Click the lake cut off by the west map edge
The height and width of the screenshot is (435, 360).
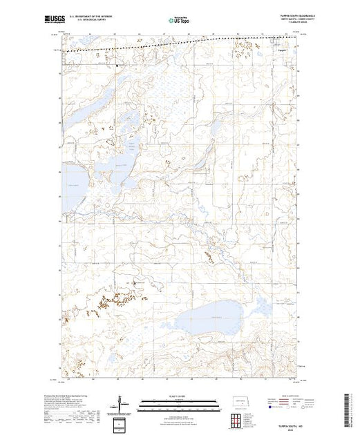[x=73, y=178]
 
